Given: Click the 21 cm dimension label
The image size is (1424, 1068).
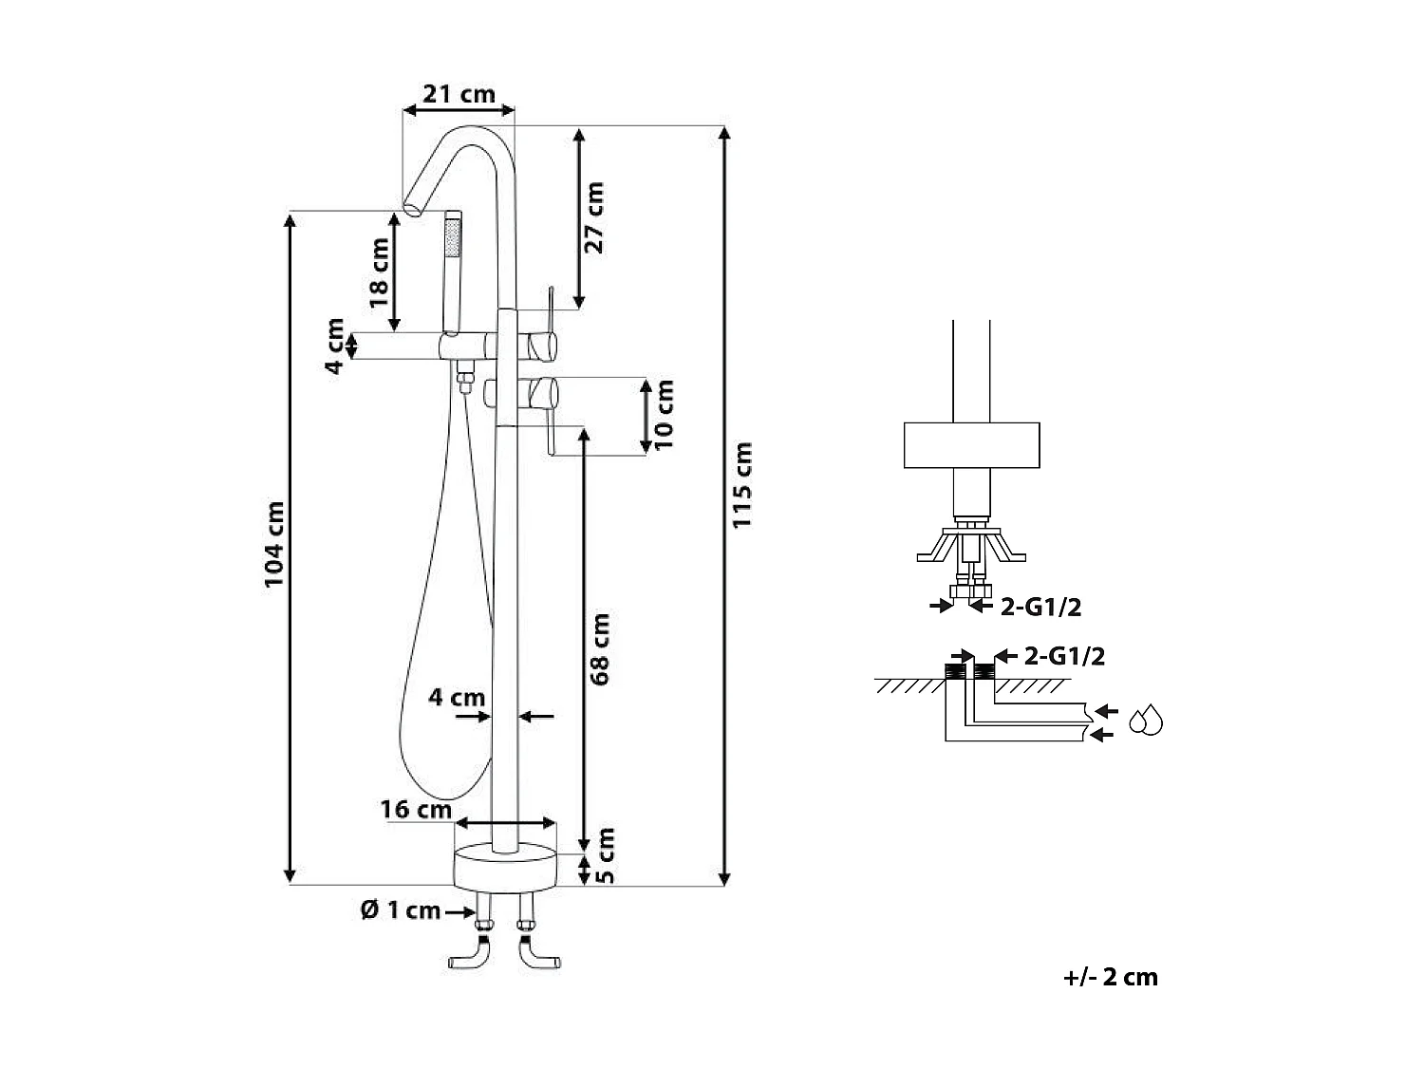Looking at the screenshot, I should click(x=459, y=94).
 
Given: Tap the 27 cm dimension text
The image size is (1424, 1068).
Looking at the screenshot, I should click(x=593, y=216).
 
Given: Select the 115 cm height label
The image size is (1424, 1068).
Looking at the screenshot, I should click(x=742, y=484).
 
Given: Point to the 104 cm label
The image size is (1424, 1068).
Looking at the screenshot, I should click(x=274, y=544).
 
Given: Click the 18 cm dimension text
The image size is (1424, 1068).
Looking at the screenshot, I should click(x=379, y=272).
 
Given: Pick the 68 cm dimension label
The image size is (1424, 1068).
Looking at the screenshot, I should click(x=599, y=648).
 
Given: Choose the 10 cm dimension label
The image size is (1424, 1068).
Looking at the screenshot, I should click(x=664, y=415).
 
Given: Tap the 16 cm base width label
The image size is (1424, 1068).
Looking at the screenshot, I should click(x=416, y=810).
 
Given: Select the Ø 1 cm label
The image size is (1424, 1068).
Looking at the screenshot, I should click(x=400, y=910).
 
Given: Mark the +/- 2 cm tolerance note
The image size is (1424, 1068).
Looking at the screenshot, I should click(x=1111, y=977).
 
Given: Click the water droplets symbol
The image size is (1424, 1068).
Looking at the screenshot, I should click(x=1147, y=721).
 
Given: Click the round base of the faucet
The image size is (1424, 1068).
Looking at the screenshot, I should click(x=504, y=868).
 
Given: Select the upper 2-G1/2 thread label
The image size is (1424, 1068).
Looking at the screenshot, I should click(x=1040, y=606).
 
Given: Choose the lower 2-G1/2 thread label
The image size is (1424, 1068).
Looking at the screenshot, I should click(x=1064, y=656).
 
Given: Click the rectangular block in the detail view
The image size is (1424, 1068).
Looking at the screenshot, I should click(x=971, y=445).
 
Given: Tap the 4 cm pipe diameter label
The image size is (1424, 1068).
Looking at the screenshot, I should click(x=456, y=698).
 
